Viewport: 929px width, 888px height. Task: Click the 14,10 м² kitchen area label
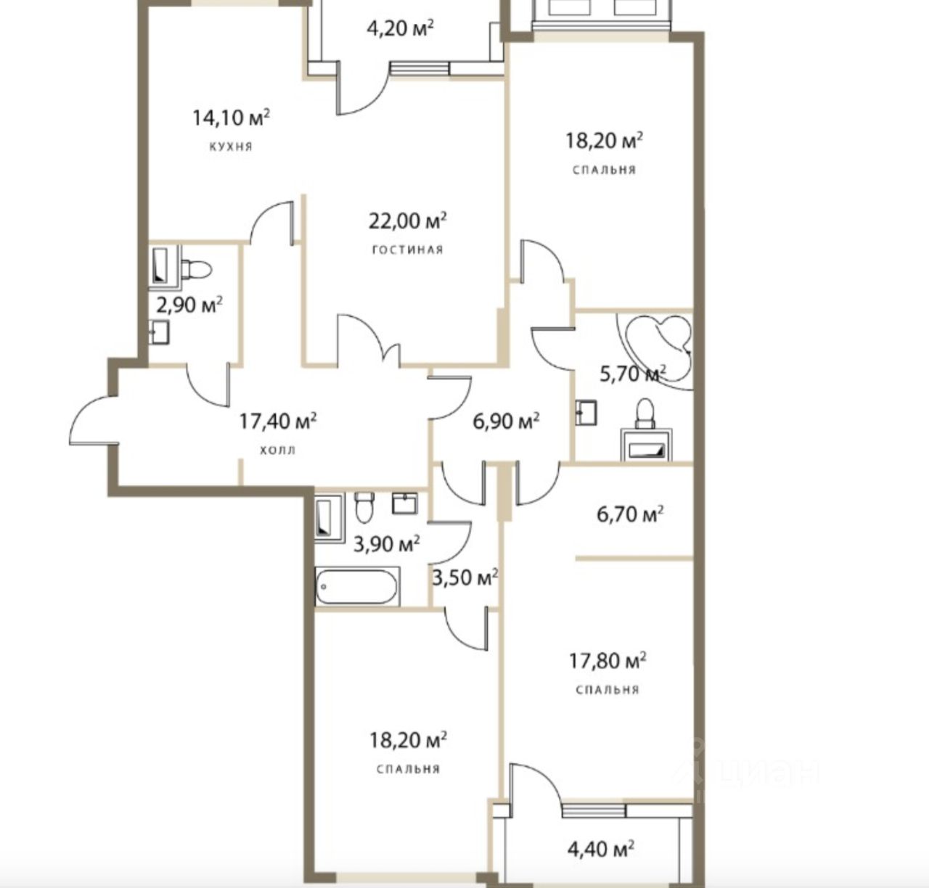[x=231, y=118]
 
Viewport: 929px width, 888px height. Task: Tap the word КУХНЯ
[x=231, y=147]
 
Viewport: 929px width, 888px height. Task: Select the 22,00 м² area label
[x=408, y=221]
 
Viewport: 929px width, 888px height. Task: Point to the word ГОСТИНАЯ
[x=408, y=250]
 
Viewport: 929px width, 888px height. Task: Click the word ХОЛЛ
[x=278, y=450]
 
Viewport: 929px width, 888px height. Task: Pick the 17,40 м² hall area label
[x=278, y=421]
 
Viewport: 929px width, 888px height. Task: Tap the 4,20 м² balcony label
[x=400, y=28]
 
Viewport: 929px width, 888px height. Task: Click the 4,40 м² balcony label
[x=600, y=848]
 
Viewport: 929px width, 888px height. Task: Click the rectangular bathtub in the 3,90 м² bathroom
[x=357, y=587]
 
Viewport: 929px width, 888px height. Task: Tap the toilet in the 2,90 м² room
[x=196, y=268]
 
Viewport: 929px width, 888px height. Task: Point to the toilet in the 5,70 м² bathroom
[x=645, y=414]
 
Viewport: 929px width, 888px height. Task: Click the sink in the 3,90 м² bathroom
[x=405, y=503]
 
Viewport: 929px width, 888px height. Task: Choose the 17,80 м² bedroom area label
[x=607, y=660]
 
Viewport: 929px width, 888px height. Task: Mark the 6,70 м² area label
[x=630, y=514]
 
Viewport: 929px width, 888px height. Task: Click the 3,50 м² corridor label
[x=465, y=577]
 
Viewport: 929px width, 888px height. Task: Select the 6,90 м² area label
[x=506, y=421]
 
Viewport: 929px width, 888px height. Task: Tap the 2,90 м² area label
[x=189, y=305]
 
